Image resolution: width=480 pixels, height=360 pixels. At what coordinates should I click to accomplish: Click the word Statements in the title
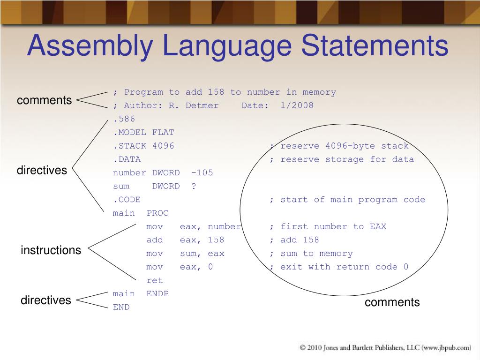tap(374, 46)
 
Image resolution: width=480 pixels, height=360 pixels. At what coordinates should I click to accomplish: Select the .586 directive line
tap(124, 119)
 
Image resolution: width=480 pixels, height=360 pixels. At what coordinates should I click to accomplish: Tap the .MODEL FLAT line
tap(143, 133)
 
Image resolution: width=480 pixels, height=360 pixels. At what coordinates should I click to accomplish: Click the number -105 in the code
tap(202, 172)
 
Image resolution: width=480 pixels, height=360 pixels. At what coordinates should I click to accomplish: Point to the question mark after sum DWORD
tap(194, 186)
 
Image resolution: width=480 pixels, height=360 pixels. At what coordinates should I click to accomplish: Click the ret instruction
tap(154, 280)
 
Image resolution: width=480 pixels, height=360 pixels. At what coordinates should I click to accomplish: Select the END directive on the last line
tap(121, 307)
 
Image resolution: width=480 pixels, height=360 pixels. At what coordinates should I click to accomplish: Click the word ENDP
tap(157, 294)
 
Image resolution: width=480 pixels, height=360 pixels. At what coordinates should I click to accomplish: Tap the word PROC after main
tap(157, 213)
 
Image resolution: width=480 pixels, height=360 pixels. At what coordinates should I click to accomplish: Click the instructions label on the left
tap(51, 250)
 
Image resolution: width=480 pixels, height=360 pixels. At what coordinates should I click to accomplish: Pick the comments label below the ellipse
tap(392, 302)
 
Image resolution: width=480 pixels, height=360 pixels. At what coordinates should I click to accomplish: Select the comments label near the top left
tap(45, 100)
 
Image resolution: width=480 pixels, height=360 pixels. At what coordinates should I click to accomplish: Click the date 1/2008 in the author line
tap(297, 105)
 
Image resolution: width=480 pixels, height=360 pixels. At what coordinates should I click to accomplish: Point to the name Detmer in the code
tap(202, 105)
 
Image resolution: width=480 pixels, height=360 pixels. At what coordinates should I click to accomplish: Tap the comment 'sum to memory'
tap(316, 254)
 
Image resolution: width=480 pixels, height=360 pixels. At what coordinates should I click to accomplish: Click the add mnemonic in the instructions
tap(155, 240)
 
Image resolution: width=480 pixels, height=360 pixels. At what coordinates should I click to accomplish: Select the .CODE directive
tap(127, 200)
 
